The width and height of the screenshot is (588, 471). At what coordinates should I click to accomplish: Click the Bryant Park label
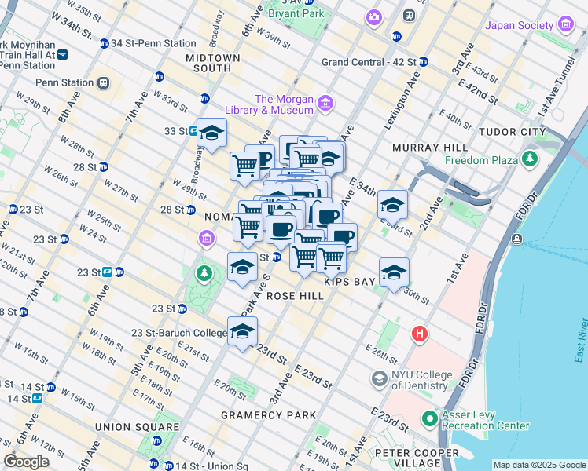click(x=296, y=13)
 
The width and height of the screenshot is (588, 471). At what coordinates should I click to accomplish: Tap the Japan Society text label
click(x=520, y=25)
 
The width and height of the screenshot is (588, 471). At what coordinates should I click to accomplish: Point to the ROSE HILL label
click(x=295, y=296)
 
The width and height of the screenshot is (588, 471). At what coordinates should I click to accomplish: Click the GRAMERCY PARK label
click(x=268, y=414)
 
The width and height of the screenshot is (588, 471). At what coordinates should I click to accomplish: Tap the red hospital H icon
click(x=420, y=334)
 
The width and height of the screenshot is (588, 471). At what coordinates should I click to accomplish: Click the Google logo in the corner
click(x=26, y=462)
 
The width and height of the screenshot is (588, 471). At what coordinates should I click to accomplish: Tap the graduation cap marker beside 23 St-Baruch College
click(x=243, y=331)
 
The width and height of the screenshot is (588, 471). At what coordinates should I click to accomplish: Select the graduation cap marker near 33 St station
click(x=211, y=133)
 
